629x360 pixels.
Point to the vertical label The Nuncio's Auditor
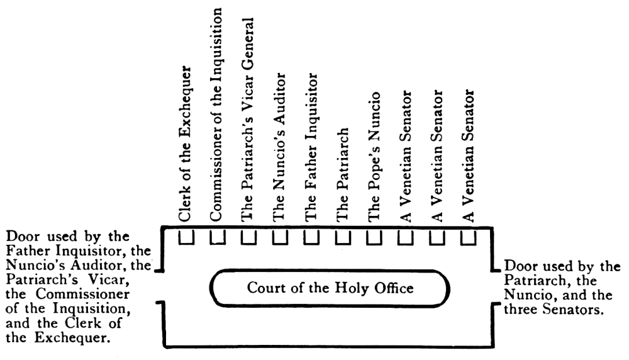point(280,147)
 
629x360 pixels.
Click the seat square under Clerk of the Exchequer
point(186,237)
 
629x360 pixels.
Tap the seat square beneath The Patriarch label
point(343,237)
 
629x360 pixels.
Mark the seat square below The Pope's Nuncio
point(374,237)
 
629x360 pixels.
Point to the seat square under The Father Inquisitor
point(311,237)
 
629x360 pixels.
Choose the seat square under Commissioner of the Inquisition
point(217,237)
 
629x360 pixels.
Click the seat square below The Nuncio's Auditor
point(280,237)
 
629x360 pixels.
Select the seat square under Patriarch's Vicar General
point(248,237)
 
